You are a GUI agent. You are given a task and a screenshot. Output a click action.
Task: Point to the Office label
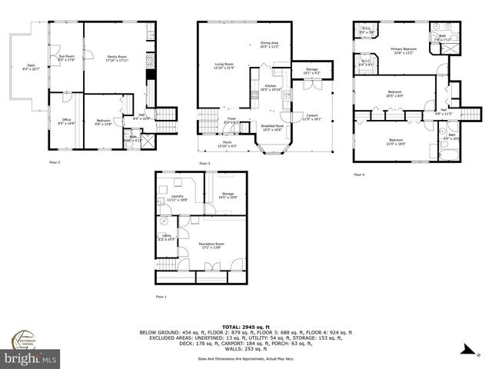(x=66, y=121)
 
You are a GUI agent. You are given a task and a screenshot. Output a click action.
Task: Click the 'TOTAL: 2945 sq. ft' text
(x=245, y=326)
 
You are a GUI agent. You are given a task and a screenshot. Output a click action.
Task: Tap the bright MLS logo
(x=31, y=357)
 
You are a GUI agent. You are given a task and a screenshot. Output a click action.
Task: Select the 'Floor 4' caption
(x=360, y=175)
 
